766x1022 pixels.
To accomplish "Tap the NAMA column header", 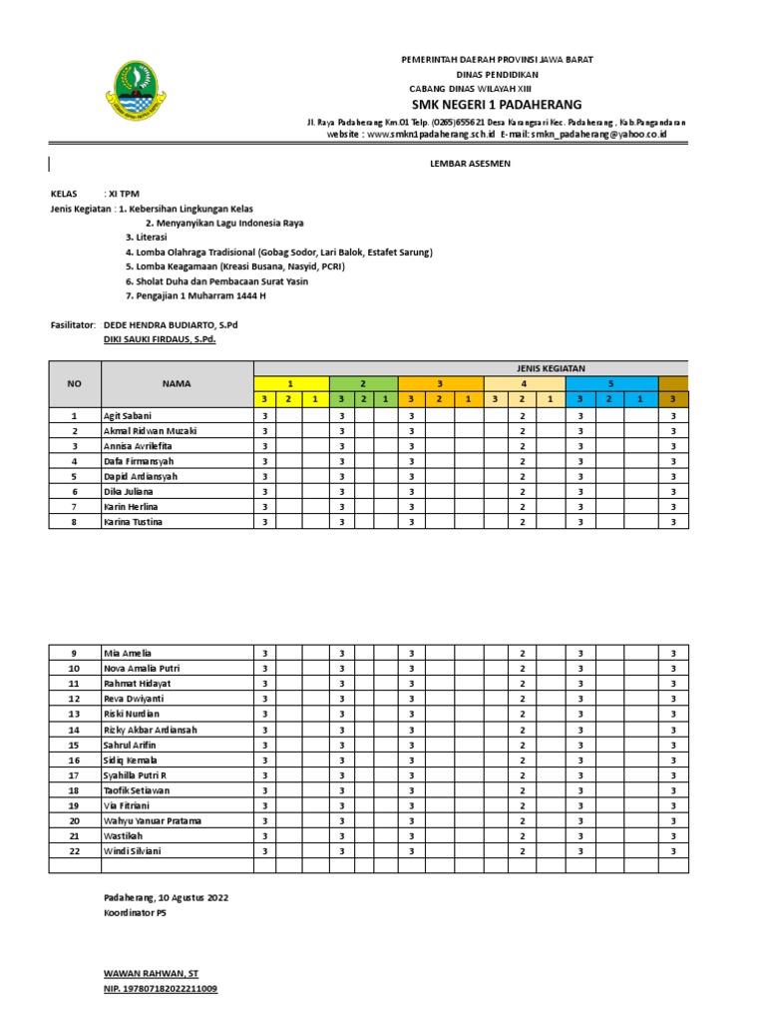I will click(177, 383).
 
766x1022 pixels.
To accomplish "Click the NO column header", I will click(74, 383).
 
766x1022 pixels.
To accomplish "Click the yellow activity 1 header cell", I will click(290, 383).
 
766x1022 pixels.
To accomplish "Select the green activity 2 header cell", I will click(363, 383).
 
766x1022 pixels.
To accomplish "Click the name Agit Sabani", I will click(127, 415).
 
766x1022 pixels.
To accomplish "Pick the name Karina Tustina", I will click(133, 522).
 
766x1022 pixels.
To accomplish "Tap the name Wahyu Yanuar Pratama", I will click(152, 820).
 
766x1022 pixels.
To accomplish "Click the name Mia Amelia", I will click(128, 653).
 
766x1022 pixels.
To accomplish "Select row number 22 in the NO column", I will click(74, 851).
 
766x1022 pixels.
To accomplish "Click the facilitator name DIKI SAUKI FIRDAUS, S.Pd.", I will click(160, 340).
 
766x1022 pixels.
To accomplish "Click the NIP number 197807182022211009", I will click(161, 989).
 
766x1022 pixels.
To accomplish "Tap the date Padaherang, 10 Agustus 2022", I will click(166, 898).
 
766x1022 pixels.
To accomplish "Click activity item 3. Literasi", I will click(147, 239).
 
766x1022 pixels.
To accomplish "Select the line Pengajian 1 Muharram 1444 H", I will click(196, 296).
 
